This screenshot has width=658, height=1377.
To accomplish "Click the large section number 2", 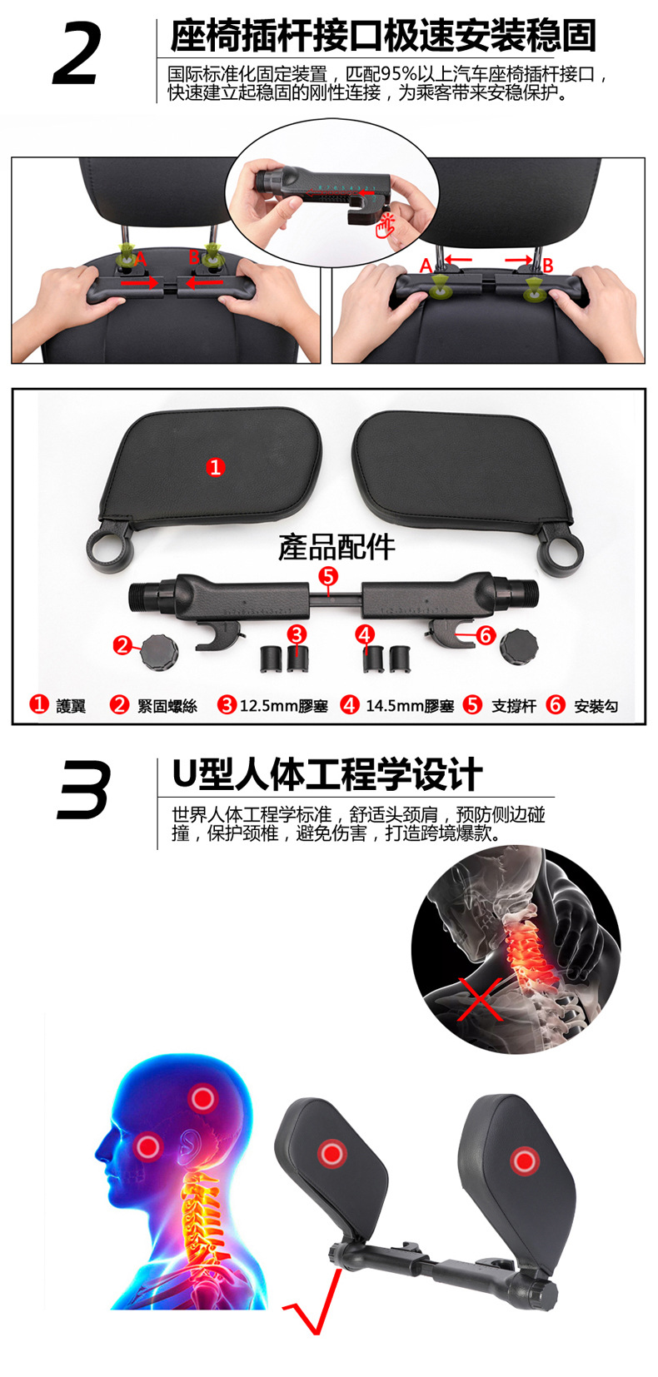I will click(77, 54).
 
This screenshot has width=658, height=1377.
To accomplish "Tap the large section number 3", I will click(83, 788).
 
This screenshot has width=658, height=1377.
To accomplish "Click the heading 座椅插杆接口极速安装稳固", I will click(383, 36).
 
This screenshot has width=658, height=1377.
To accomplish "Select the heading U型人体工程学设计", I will click(327, 774).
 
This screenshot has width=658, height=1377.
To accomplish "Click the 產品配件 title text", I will click(336, 547).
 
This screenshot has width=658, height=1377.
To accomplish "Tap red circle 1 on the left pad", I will click(215, 467).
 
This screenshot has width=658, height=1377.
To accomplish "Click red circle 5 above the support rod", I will click(328, 576).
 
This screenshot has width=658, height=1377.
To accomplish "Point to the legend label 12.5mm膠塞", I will click(283, 706).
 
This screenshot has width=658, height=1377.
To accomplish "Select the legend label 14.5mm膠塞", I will click(410, 706).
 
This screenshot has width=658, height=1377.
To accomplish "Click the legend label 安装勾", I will click(596, 706).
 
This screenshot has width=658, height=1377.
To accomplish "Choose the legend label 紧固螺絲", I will click(167, 706).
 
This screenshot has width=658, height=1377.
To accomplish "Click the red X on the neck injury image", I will click(481, 999).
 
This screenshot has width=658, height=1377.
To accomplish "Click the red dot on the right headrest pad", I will click(524, 1161).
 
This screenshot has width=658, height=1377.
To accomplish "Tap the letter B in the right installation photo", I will click(547, 266).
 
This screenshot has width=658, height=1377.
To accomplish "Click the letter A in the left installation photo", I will click(141, 260).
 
